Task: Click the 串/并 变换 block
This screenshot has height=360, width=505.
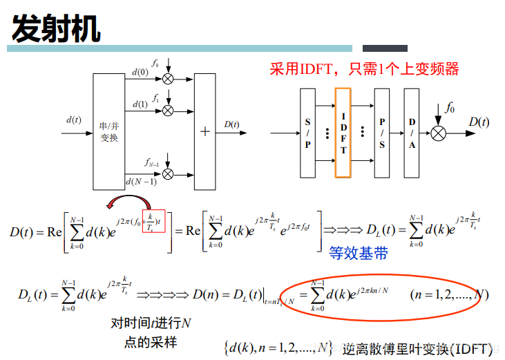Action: (109, 131)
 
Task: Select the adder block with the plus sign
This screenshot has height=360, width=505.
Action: (204, 131)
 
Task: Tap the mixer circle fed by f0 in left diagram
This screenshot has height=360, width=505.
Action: (168, 79)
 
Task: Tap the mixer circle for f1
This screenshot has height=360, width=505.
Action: (168, 111)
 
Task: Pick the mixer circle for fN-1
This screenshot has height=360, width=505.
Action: (168, 173)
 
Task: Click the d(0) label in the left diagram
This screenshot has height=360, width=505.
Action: (140, 71)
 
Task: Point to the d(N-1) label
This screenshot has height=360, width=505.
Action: (141, 182)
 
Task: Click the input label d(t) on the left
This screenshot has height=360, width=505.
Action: (74, 120)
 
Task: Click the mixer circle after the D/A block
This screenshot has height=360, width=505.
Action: (438, 133)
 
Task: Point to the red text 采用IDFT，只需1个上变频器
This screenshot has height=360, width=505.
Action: (364, 68)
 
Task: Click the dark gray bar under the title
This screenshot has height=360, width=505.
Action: (385, 48)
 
